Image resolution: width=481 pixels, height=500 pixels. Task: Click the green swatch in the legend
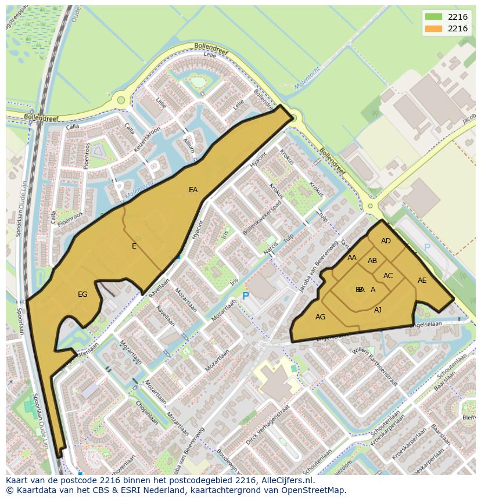(433, 16)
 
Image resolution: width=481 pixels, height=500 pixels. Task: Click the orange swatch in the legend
(433, 28)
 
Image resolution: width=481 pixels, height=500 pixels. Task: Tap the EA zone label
(193, 190)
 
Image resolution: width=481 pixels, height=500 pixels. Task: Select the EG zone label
(82, 294)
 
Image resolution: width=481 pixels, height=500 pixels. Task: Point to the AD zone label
(386, 241)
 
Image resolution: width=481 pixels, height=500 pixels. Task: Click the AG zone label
(320, 317)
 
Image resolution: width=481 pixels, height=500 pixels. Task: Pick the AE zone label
(422, 280)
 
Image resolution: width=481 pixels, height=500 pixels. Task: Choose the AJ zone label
(378, 310)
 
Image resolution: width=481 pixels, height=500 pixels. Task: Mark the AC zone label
(388, 276)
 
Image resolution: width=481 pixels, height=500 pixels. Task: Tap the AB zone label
(372, 261)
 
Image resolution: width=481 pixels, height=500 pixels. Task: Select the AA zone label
(352, 258)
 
